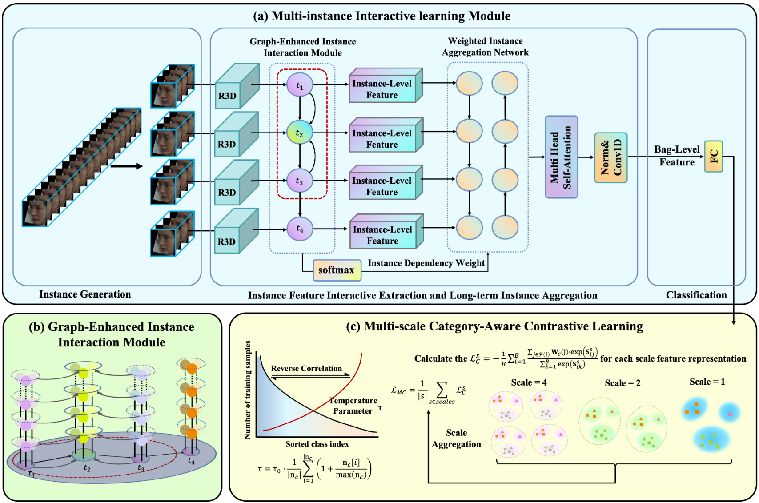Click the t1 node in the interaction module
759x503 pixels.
pyautogui.click(x=300, y=85)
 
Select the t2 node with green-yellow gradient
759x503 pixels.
pyautogui.click(x=300, y=133)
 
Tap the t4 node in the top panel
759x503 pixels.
pyautogui.click(x=300, y=229)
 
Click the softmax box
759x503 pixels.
pyautogui.click(x=337, y=270)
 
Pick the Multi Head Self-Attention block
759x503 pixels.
pyautogui.click(x=561, y=157)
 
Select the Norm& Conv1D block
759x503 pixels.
pyautogui.click(x=611, y=157)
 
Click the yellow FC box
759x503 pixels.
pyautogui.click(x=713, y=156)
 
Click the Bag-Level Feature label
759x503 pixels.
pyautogui.click(x=677, y=156)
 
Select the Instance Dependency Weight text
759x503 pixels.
pyautogui.click(x=426, y=263)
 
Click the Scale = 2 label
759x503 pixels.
pyautogui.click(x=622, y=383)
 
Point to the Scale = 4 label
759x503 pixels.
pyautogui.click(x=529, y=382)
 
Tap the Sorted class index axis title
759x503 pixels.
pyautogui.click(x=317, y=444)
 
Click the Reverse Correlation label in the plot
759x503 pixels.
pyautogui.click(x=306, y=368)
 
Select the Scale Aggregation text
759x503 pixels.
pyautogui.click(x=456, y=438)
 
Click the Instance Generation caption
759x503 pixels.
pyautogui.click(x=85, y=294)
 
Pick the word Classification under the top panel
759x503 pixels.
pyautogui.click(x=696, y=295)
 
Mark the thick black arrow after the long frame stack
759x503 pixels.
pyautogui.click(x=127, y=166)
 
